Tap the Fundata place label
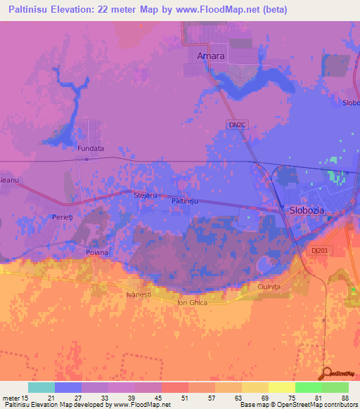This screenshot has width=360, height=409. [91, 149]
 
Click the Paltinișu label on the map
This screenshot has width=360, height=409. [186, 201]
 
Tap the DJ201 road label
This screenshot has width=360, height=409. [319, 249]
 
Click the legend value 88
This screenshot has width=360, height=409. [344, 398]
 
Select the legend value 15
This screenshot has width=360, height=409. [26, 398]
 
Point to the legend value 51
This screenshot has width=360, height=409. [185, 398]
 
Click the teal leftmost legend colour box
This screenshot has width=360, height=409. [41, 387]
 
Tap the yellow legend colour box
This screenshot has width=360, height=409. [281, 387]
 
